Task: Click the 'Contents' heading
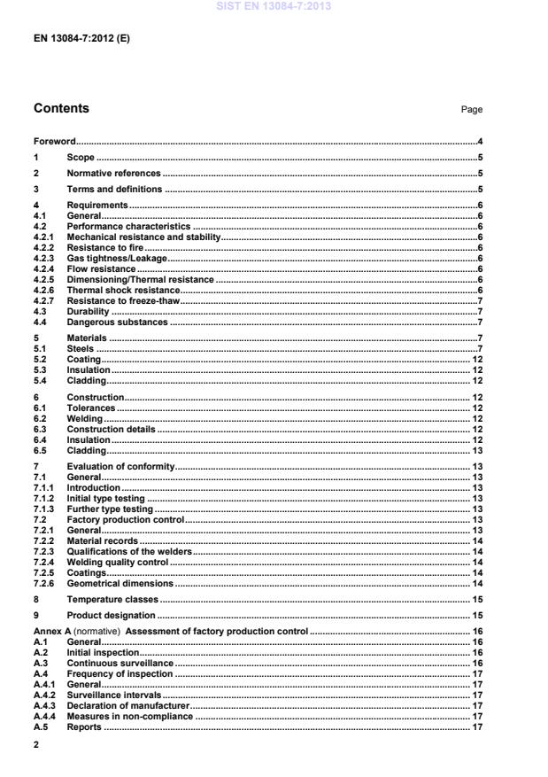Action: click(x=61, y=109)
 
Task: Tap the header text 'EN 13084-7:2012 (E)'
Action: click(x=81, y=39)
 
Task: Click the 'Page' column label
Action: click(x=472, y=110)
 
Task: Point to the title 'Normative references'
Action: click(x=113, y=174)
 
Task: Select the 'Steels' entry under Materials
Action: click(x=81, y=348)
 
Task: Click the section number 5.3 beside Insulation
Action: click(x=39, y=369)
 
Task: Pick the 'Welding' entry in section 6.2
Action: click(x=85, y=418)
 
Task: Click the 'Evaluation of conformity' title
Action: click(x=121, y=465)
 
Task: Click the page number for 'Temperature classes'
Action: click(x=476, y=599)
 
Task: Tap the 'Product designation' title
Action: click(x=111, y=615)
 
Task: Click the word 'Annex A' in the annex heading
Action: click(x=50, y=631)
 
